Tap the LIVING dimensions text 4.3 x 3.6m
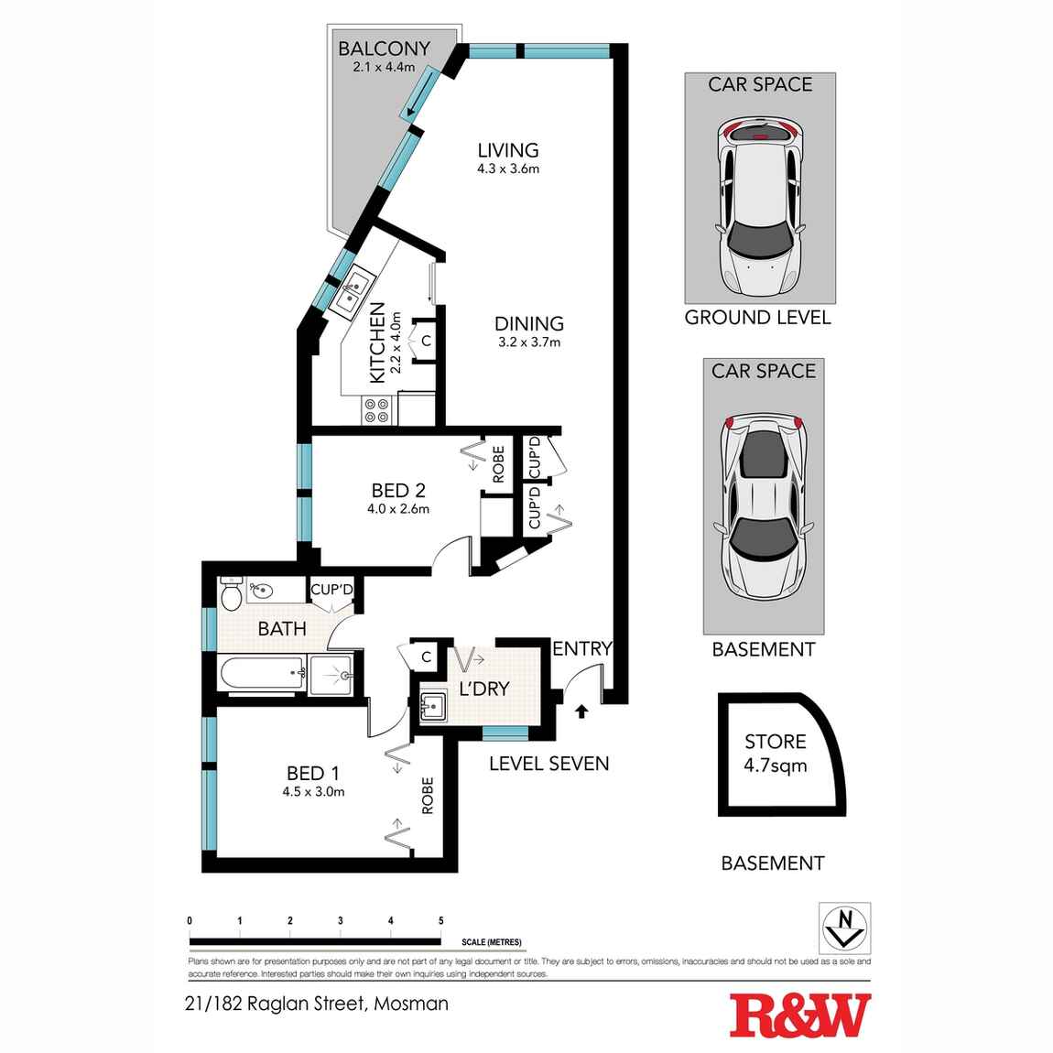coord(507,168)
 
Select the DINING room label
coord(528,323)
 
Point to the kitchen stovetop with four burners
coord(375,409)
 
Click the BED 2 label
coord(398,491)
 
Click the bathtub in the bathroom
coord(262,675)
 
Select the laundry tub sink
coord(432,707)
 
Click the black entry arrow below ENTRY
coord(581,710)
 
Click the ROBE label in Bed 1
coord(427,796)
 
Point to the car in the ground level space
coord(759,208)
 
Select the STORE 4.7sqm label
coord(775,753)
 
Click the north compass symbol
coord(843,927)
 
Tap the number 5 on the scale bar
coord(440,921)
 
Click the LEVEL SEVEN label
coord(548,764)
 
